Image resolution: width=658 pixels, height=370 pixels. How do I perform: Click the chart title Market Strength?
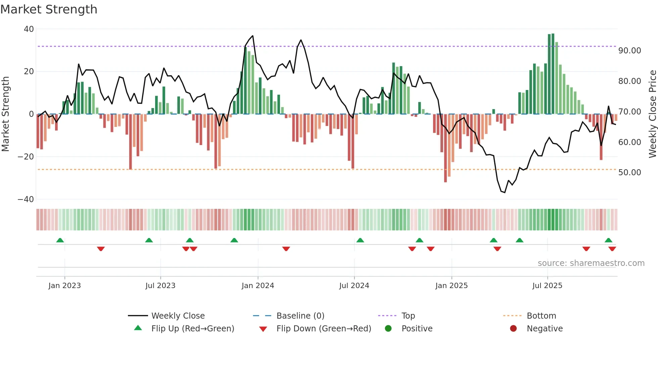tap(49, 9)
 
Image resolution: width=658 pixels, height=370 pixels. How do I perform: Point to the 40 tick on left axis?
tap(29, 29)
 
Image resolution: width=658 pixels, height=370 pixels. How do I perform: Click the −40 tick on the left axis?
tap(26, 199)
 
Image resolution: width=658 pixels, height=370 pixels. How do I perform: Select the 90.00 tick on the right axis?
tap(630, 51)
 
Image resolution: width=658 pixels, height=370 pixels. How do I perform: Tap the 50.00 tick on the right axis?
tap(630, 173)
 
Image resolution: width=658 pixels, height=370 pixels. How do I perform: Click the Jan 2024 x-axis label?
tap(258, 286)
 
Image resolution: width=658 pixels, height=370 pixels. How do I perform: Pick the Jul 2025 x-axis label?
tap(547, 286)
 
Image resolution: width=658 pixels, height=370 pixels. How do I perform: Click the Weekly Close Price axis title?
tap(652, 114)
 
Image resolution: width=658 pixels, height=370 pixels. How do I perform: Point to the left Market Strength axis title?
tap(6, 114)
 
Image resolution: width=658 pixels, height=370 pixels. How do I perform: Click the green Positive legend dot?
tap(388, 329)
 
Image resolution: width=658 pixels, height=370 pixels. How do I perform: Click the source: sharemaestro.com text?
tap(591, 263)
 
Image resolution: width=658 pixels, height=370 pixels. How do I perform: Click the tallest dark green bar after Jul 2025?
tap(553, 74)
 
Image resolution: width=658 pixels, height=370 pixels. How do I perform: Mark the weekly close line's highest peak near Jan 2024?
tap(252, 36)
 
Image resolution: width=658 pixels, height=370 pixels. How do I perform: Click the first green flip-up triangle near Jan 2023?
tap(60, 240)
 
